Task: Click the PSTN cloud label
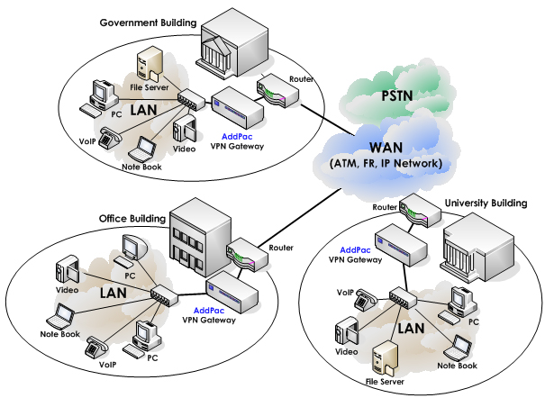coord(396,96)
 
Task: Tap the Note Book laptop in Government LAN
coord(144,149)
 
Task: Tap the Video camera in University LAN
coord(348,336)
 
